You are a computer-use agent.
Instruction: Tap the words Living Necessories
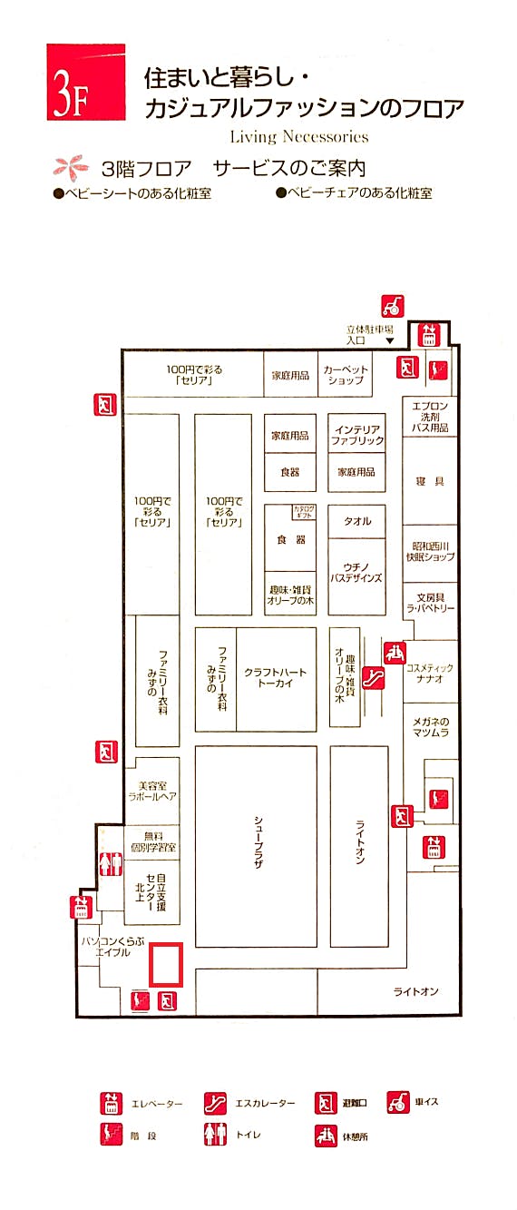299,137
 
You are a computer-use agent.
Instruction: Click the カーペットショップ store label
346,375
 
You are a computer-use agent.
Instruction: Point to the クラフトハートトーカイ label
275,678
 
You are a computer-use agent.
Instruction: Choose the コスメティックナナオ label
429,673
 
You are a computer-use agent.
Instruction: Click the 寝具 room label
431,482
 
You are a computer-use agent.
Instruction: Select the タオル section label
356,522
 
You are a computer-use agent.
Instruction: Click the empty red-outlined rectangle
166,964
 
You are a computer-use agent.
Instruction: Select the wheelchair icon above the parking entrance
393,306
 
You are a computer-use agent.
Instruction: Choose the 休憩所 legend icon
326,1136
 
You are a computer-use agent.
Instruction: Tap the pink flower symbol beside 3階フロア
67,168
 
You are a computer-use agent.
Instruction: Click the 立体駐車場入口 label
366,334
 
